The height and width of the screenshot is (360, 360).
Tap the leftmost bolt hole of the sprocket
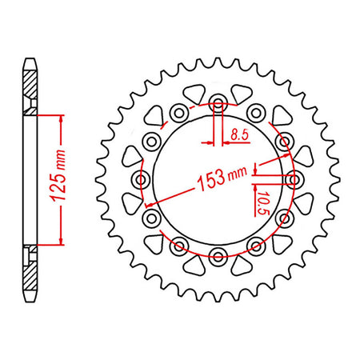tap(142, 180)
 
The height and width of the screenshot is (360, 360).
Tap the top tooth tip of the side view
tap(30, 59)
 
